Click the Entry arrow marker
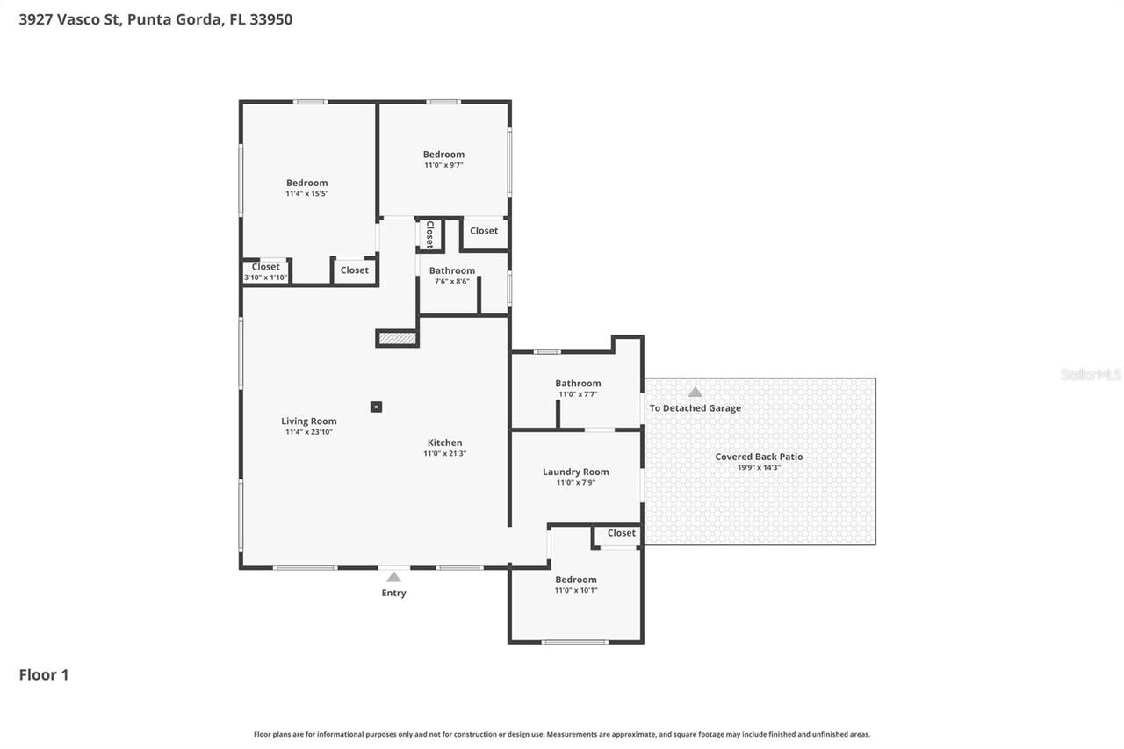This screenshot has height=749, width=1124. pos(393,577)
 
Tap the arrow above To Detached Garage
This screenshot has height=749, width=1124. pos(695,392)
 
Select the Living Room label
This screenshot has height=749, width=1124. pos(309,421)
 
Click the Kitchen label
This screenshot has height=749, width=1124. pos(444,443)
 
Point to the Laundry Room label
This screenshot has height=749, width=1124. pos(575,472)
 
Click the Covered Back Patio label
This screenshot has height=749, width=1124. pos(759,457)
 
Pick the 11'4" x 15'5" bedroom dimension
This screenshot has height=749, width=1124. pos(306,194)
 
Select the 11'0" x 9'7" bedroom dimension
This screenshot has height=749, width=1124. pos(443,165)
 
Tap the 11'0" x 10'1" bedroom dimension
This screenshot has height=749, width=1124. pos(575,590)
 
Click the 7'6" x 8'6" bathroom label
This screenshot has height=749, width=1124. pos(451,271)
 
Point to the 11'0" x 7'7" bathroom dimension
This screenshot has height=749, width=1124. pos(577,394)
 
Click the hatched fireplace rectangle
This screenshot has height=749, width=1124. pos(397,338)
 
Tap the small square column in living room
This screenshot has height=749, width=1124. pos(376,407)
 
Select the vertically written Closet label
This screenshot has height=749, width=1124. pos(429,234)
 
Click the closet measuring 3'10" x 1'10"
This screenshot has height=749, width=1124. pos(265,272)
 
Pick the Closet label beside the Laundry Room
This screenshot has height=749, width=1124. pos(621,533)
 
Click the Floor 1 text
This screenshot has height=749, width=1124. pos(44,675)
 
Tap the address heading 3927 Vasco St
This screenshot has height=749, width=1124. pos(70,19)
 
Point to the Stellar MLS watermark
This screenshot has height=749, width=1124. pos(1090,375)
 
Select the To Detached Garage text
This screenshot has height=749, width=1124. pos(695,408)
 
